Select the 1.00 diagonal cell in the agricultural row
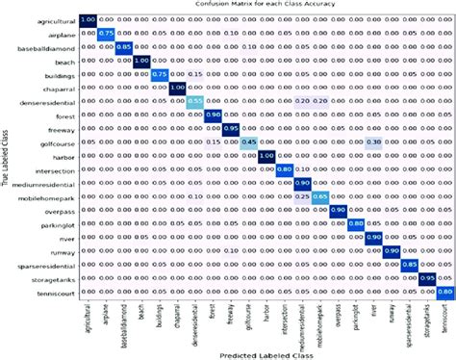tap(88, 18)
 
